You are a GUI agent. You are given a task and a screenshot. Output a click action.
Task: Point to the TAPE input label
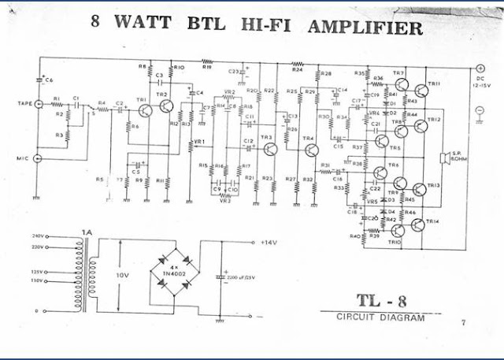click(x=25, y=103)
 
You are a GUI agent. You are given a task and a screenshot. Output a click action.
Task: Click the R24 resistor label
click(x=297, y=70)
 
